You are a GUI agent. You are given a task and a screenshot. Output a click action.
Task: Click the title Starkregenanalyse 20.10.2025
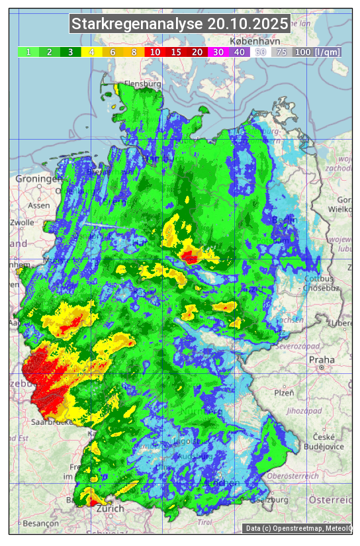tap(180, 24)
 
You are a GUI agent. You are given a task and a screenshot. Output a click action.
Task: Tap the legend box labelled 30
tap(218, 52)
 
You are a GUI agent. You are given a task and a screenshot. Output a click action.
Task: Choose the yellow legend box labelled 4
tap(92, 52)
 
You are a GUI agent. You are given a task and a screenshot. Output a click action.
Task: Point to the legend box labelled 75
tap(281, 52)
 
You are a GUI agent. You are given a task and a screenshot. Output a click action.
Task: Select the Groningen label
tap(36, 179)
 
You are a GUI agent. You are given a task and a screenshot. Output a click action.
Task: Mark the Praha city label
tap(322, 360)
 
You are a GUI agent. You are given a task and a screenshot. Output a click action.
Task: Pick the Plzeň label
tap(285, 392)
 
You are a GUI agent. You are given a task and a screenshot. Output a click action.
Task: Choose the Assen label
tap(40, 205)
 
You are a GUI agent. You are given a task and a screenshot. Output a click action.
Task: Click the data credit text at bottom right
tap(298, 528)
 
